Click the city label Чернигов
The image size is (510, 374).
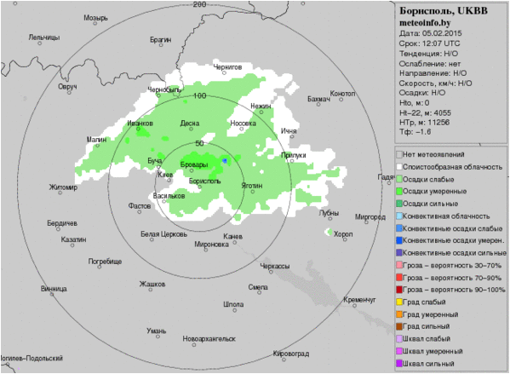click(228, 66)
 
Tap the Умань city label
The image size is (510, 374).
click(156, 330)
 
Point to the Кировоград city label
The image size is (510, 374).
click(290, 352)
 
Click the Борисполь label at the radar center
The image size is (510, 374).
click(205, 181)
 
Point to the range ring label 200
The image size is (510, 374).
click(200, 4)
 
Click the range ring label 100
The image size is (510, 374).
click(200, 95)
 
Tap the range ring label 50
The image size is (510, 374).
click(200, 143)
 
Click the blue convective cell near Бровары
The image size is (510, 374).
click(225, 160)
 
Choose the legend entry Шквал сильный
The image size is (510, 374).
click(430, 364)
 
